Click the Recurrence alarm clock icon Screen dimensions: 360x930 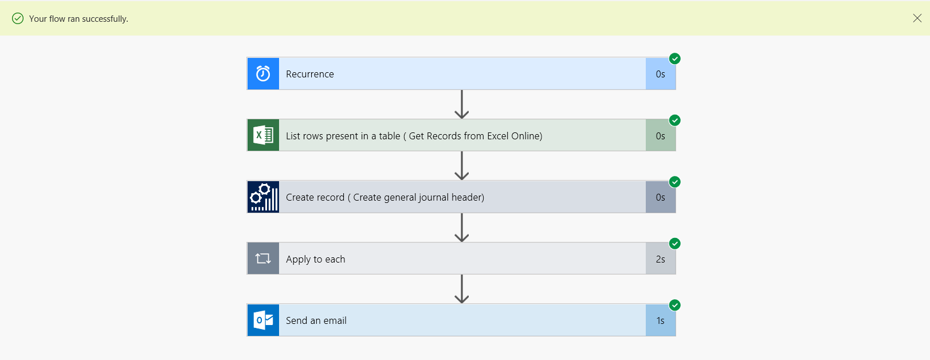[263, 73]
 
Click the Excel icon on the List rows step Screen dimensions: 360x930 [263, 135]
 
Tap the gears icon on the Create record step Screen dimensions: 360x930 [263, 197]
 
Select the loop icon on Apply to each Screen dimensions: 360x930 [263, 259]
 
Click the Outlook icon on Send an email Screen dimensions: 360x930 [263, 320]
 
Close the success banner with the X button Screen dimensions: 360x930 [917, 18]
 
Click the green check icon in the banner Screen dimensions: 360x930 [18, 18]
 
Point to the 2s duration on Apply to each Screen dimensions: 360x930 [660, 259]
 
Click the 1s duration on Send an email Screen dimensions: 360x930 [660, 320]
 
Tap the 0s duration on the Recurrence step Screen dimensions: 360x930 [660, 74]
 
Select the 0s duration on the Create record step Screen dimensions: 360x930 [660, 197]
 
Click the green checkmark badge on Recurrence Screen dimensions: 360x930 [675, 58]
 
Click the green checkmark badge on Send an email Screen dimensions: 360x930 [675, 305]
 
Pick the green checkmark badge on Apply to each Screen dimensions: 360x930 [675, 244]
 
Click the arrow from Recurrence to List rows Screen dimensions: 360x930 [461, 104]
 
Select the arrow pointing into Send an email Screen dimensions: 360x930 [461, 289]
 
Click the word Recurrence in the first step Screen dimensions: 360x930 [309, 74]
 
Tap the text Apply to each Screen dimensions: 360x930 [315, 259]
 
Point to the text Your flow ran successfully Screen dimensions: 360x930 [79, 19]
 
